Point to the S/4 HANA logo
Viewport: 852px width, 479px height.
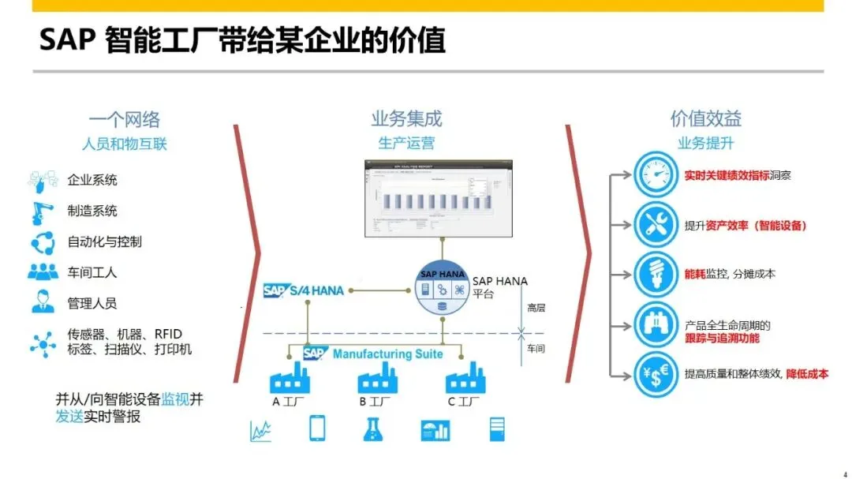pos(304,290)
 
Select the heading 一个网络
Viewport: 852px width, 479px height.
pos(124,120)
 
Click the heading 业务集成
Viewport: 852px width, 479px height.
pos(406,119)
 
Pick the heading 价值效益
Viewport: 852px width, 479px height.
pos(705,119)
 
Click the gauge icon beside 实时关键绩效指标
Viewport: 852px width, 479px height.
pos(656,175)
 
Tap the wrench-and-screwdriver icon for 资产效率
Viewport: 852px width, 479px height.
pos(656,225)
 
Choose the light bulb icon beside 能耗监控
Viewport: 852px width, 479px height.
pos(656,274)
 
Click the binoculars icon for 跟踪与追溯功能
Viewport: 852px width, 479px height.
pos(656,324)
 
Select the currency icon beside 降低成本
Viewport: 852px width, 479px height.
pos(656,374)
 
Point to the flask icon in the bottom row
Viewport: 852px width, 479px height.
pos(373,429)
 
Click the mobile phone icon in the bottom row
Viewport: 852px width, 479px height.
pos(317,428)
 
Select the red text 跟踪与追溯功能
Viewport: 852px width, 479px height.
pos(722,338)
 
